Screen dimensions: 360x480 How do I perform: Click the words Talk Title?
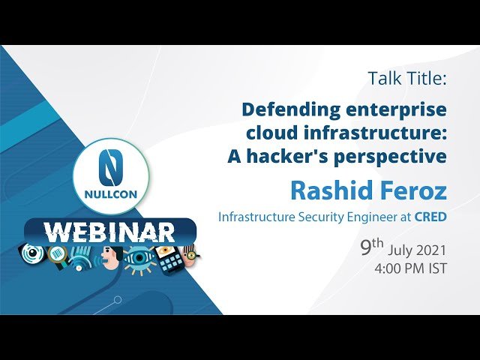click(x=407, y=78)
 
